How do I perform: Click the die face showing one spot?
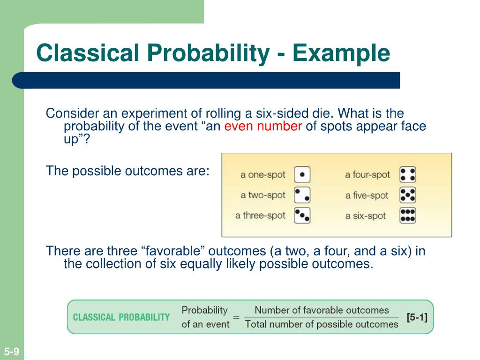pos(302,175)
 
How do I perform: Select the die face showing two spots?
pos(302,195)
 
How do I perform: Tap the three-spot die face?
pos(302,216)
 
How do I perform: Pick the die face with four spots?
pos(408,175)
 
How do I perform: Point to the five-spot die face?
pos(408,195)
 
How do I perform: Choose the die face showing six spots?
pos(408,216)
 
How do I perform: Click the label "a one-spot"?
pos(263,175)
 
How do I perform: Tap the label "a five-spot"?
pos(367,195)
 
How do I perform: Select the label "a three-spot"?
pos(260,216)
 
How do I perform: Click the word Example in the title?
pos(341,53)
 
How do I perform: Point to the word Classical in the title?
pos(88,52)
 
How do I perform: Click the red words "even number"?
pos(263,126)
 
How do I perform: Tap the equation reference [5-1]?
pos(417,317)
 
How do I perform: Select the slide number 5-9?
pos(12,351)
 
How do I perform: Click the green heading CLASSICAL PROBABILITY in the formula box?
pos(121,317)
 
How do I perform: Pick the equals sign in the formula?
pos(236,317)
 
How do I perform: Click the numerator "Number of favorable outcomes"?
pos(322,310)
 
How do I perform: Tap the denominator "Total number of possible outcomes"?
pos(322,324)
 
